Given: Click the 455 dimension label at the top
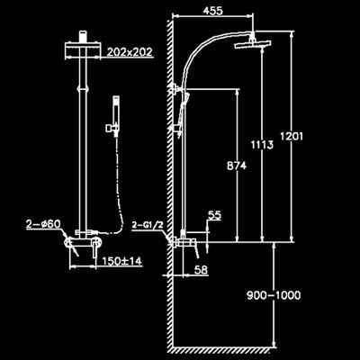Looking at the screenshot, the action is (x=213, y=11).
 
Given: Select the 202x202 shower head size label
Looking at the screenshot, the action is (x=130, y=52).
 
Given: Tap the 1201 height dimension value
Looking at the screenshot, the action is (x=292, y=137).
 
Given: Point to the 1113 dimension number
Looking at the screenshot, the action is (x=262, y=145).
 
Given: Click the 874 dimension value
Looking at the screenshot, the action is (x=237, y=166).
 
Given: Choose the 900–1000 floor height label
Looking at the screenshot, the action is (x=274, y=295).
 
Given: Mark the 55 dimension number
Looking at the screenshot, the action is (x=214, y=215).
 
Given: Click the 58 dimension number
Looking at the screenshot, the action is (x=201, y=269).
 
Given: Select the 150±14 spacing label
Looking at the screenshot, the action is (x=121, y=261).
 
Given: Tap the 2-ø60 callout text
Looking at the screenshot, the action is (x=43, y=224).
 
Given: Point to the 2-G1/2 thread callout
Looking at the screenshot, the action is (x=148, y=225).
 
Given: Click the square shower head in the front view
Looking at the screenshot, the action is (x=83, y=50).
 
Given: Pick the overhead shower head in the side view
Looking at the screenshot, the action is (x=253, y=45).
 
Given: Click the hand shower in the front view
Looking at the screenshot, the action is (x=115, y=116).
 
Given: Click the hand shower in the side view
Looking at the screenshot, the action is (x=182, y=114).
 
